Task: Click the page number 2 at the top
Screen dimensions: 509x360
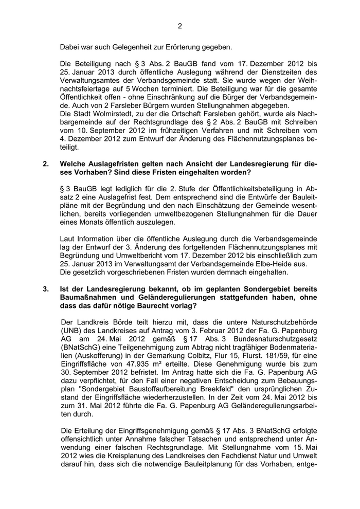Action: [180, 26]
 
